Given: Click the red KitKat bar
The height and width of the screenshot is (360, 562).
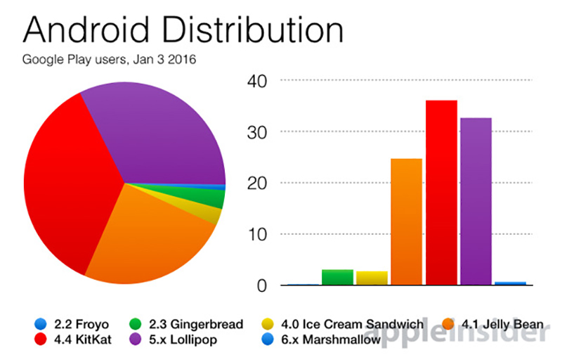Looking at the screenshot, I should tap(441, 193).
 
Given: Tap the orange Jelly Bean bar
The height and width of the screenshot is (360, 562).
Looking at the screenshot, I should tap(406, 222).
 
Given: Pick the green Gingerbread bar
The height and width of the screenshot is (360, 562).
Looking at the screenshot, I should tap(337, 278).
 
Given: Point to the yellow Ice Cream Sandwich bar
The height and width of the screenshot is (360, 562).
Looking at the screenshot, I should tap(372, 278).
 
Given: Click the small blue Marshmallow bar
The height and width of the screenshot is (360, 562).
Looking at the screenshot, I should tap(510, 283).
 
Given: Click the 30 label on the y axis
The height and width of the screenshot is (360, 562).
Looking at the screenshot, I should tap(257, 132).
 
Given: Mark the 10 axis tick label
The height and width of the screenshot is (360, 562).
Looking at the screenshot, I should tap(257, 234).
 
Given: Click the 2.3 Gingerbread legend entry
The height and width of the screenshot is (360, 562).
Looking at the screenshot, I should tap(186, 324).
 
